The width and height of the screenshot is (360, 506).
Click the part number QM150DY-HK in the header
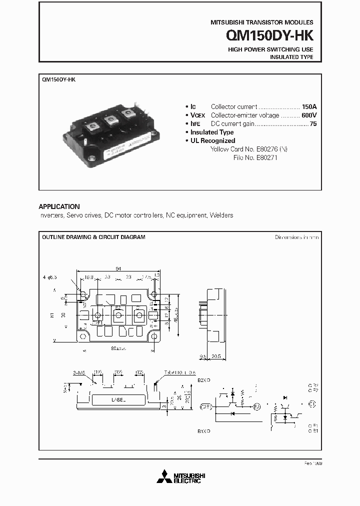269,36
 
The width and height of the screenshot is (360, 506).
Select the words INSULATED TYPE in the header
291,57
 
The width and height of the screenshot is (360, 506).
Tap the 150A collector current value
309,106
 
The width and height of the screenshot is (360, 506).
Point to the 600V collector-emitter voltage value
308,115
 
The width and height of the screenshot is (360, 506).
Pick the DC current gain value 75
313,123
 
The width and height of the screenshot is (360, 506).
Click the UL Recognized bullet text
212,140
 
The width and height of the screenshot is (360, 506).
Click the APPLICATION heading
59,206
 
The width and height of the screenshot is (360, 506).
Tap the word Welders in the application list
221,215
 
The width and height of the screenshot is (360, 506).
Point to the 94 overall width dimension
118,268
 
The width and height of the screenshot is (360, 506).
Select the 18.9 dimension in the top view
88,276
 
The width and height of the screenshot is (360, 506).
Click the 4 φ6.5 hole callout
50,276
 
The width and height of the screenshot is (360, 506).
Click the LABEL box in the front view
117,400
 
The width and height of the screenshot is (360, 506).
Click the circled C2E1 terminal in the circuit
205,406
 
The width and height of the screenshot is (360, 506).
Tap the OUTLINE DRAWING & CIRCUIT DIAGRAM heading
93,237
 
